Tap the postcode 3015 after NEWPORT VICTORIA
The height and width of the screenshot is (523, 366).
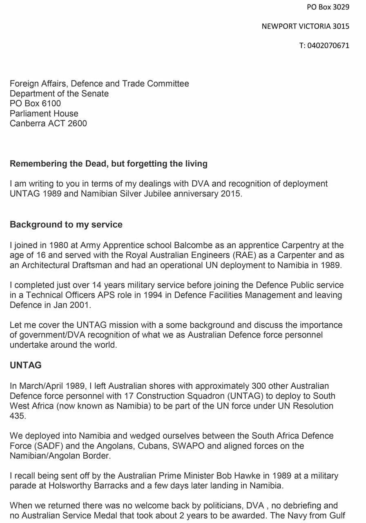[341, 26]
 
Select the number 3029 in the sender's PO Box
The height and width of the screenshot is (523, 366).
[341, 7]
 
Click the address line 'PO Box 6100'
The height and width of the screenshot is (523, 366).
[35, 103]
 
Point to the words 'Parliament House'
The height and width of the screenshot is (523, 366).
[44, 113]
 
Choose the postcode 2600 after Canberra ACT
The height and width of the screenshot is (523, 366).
[77, 123]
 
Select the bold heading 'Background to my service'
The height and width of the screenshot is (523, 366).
[66, 224]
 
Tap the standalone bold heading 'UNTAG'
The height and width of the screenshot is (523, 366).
[26, 365]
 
